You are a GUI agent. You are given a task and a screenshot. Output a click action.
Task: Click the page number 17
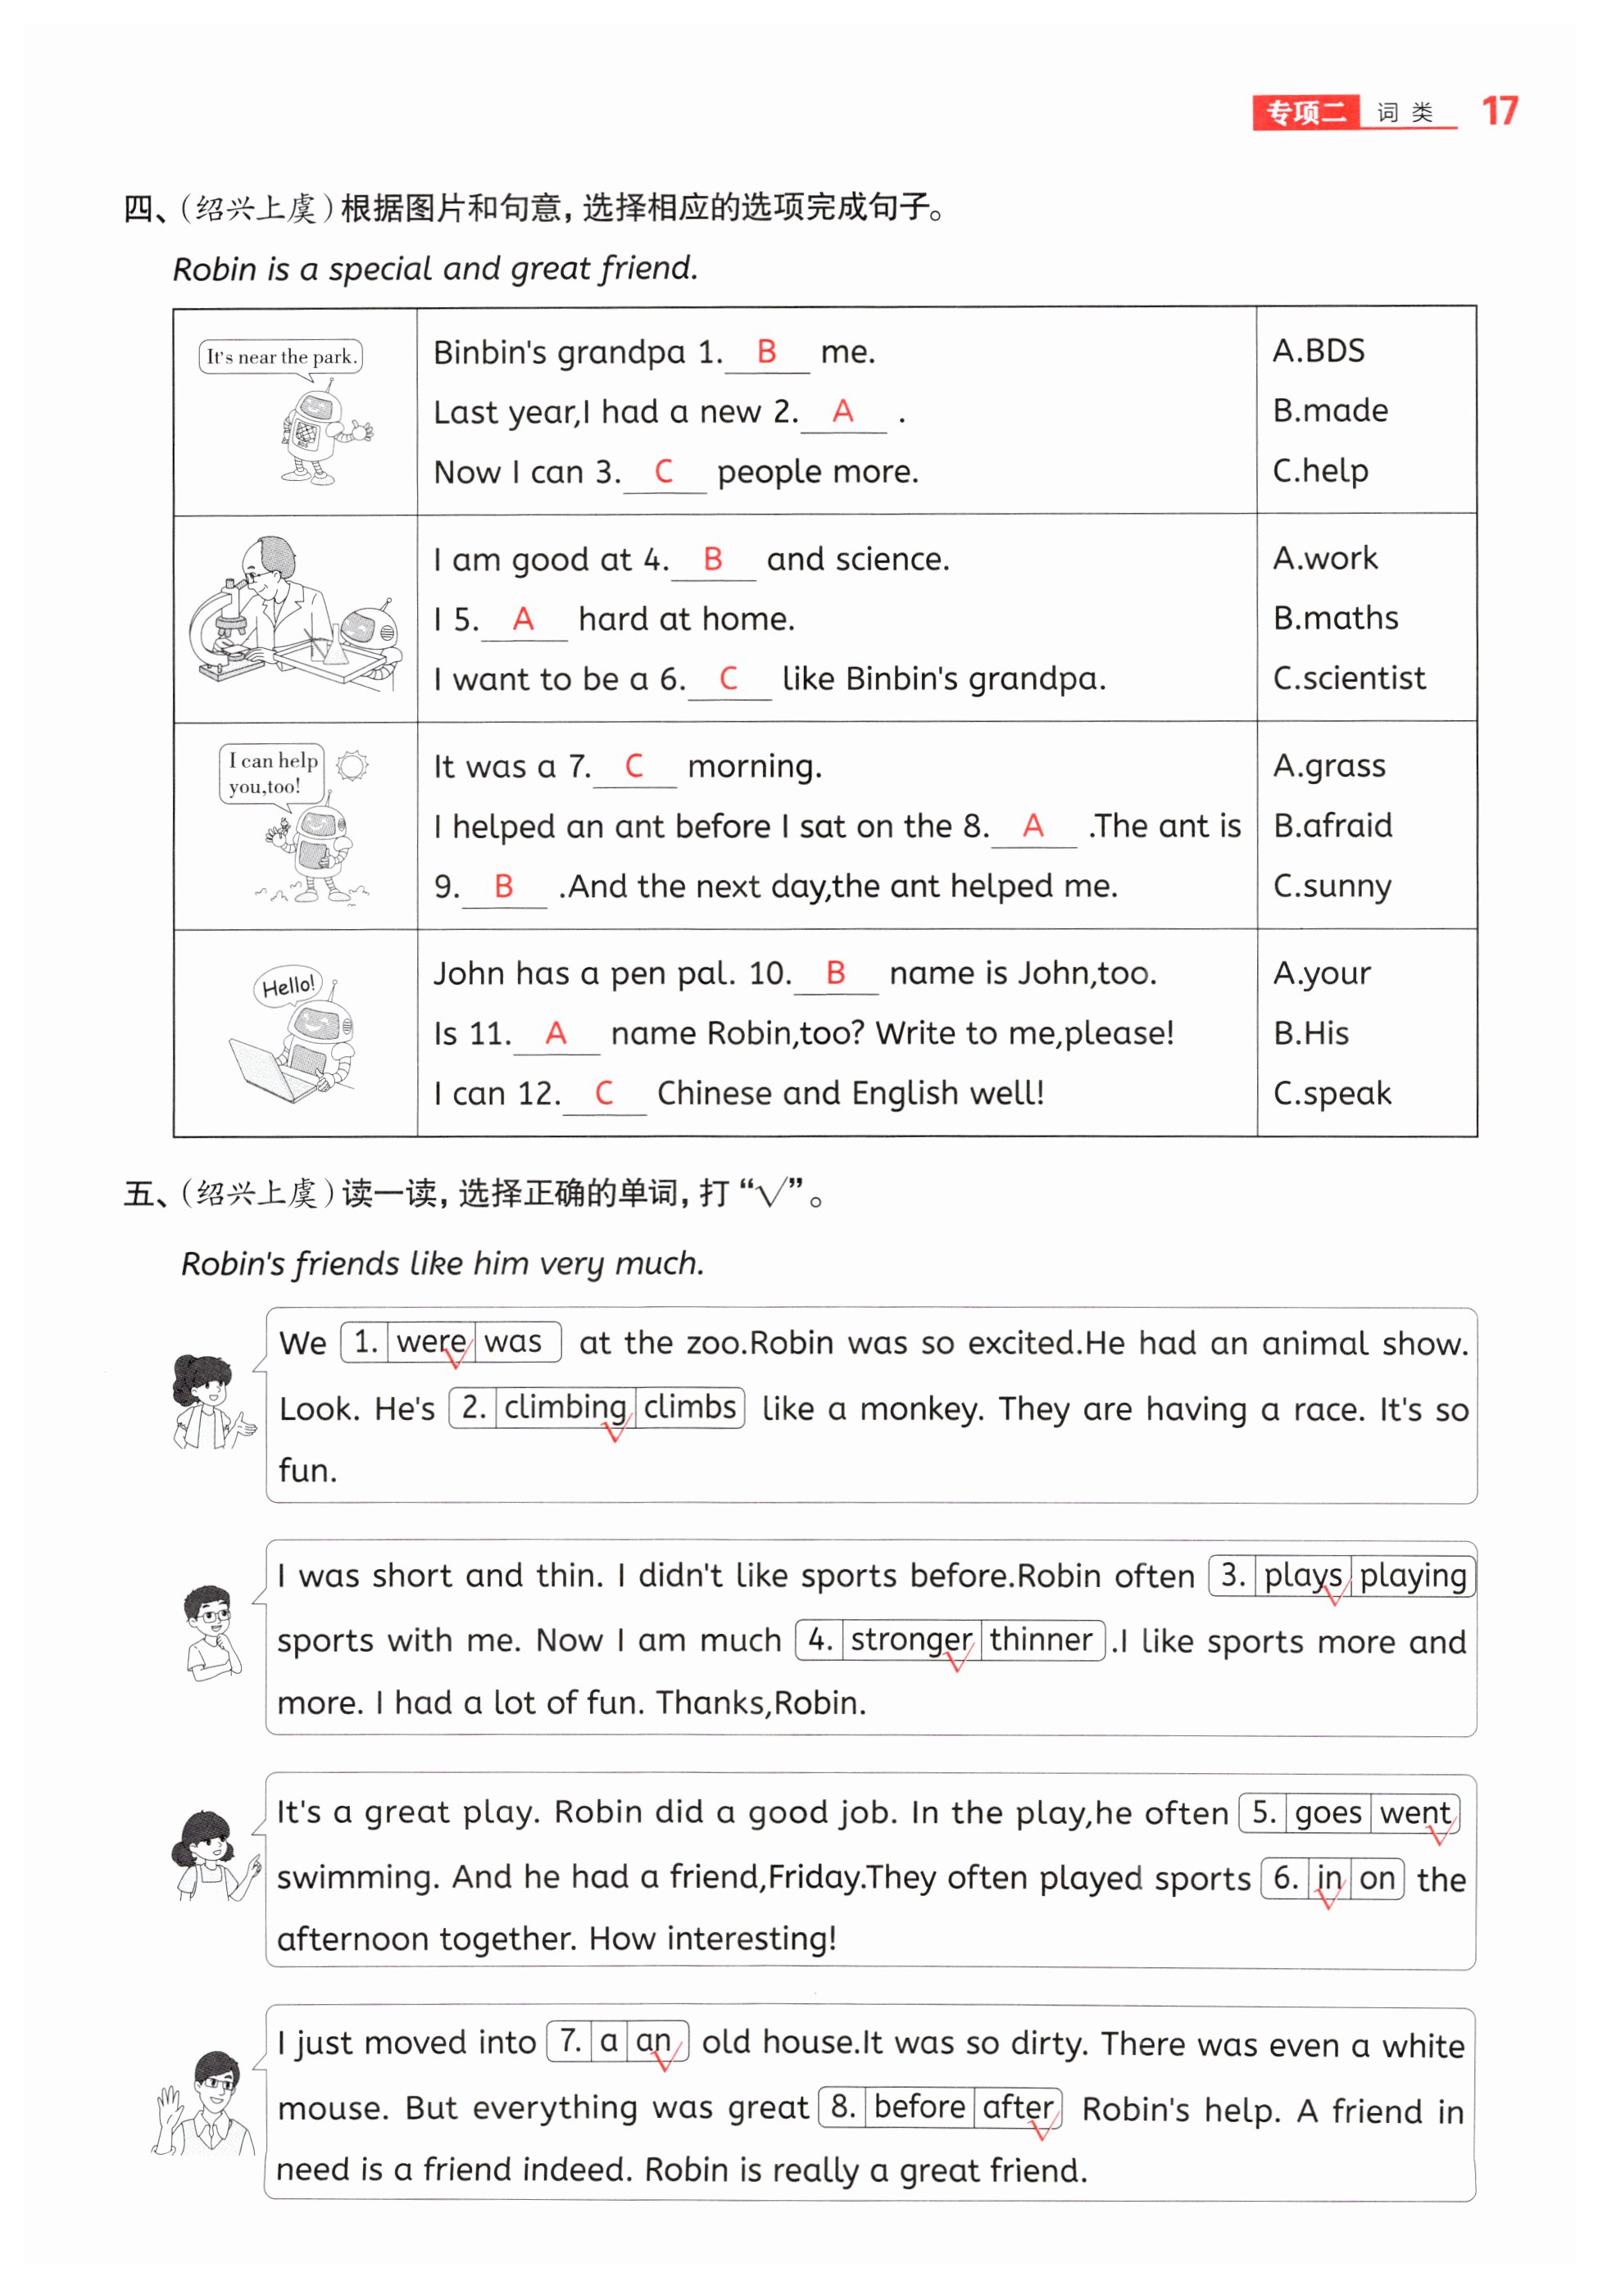[1499, 111]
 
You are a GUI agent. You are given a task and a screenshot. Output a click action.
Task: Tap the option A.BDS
[1319, 351]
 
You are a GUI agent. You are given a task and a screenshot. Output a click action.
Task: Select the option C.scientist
[1348, 678]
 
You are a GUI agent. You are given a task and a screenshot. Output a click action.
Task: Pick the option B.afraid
[1332, 825]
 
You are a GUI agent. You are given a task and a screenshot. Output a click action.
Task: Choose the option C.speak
[1331, 1093]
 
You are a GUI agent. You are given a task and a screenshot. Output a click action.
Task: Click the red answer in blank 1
[765, 352]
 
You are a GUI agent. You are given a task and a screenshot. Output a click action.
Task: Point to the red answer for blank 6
[728, 679]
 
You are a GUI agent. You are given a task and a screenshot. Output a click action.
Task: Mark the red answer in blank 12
[603, 1093]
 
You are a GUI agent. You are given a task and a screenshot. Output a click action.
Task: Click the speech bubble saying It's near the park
[281, 356]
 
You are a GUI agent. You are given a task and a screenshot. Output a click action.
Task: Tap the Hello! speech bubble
[287, 986]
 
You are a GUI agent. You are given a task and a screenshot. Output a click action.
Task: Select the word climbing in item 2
[565, 1407]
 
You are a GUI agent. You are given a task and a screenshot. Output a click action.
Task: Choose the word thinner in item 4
[1041, 1639]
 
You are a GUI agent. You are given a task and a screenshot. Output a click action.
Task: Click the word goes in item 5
[1328, 1812]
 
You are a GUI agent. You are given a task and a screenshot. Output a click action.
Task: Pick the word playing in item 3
[1412, 1575]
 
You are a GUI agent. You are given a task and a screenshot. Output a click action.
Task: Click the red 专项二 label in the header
[1305, 112]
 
